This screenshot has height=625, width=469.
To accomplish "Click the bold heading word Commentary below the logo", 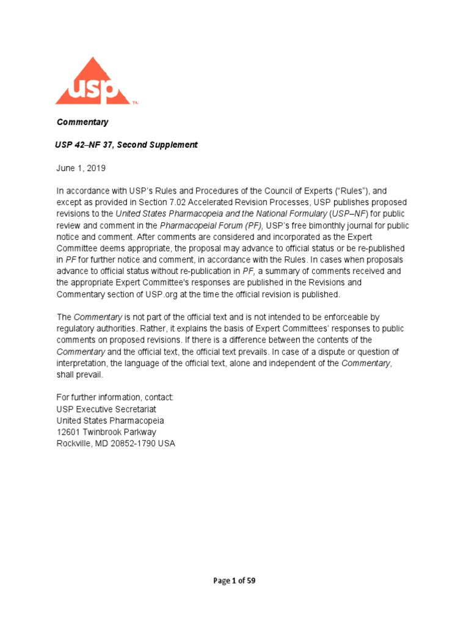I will (x=82, y=122).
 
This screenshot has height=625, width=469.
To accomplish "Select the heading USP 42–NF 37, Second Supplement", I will (x=127, y=145).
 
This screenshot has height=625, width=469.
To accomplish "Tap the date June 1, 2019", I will (x=81, y=167).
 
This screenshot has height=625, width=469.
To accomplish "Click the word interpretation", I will (x=80, y=364).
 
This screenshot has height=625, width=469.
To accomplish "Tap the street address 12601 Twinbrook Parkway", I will (x=106, y=433).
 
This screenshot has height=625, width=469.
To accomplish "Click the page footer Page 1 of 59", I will (x=234, y=581).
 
